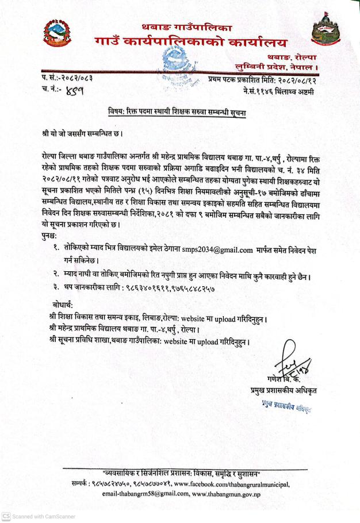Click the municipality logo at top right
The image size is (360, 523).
point(327,36)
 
